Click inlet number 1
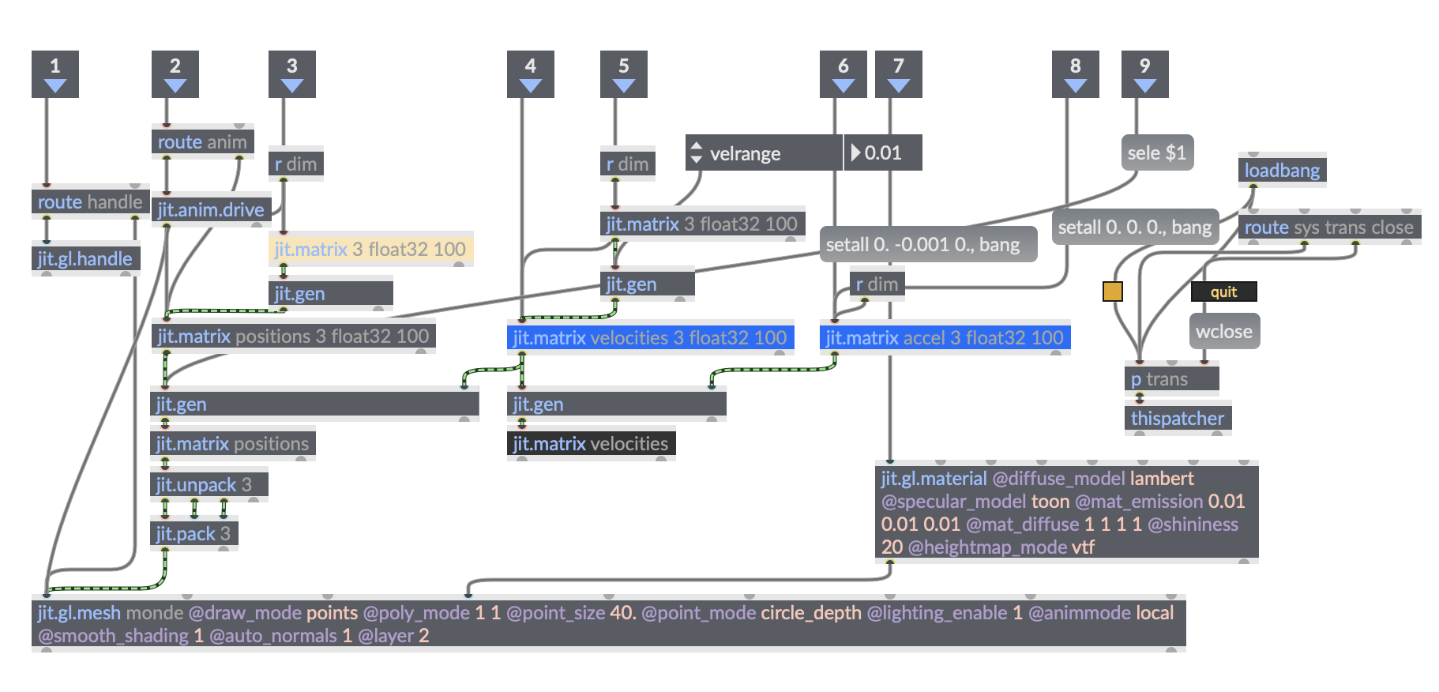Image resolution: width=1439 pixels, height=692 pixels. click(x=55, y=74)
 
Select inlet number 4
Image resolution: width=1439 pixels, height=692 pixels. click(x=531, y=74)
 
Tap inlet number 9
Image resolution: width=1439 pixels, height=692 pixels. click(x=1145, y=74)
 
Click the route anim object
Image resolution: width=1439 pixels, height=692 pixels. click(x=202, y=142)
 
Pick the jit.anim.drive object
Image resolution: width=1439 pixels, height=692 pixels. click(x=211, y=210)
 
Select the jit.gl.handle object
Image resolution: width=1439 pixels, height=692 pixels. click(x=85, y=259)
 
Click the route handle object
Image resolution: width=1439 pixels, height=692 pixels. click(x=90, y=202)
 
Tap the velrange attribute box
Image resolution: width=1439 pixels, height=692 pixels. click(x=763, y=153)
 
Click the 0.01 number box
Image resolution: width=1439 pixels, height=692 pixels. click(x=883, y=153)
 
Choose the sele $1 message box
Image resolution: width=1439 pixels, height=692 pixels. click(x=1157, y=153)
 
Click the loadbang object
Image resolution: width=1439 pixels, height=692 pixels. click(x=1282, y=171)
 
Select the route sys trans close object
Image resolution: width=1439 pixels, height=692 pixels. click(x=1329, y=228)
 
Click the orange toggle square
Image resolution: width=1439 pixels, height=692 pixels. click(x=1113, y=291)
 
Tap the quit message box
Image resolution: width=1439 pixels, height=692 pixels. click(x=1223, y=292)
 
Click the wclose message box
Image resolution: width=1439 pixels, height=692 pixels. click(x=1224, y=332)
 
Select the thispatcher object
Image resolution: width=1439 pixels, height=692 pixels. click(x=1178, y=419)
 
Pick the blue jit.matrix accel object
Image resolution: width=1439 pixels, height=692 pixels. click(x=945, y=338)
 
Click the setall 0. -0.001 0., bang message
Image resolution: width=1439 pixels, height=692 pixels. click(x=923, y=245)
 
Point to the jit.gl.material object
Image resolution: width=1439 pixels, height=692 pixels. click(x=1066, y=512)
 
